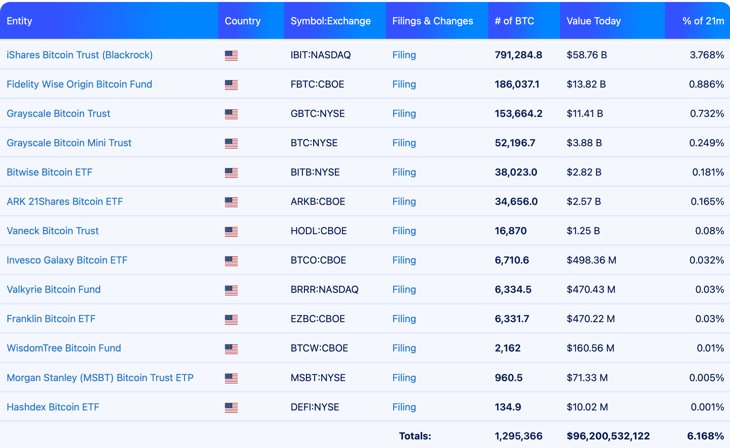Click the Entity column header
[x=19, y=21]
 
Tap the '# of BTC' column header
[x=514, y=21]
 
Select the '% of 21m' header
[x=703, y=21]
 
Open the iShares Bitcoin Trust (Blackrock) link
[x=80, y=55]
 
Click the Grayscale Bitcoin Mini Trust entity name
[x=69, y=143]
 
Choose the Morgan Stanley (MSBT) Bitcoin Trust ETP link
[x=100, y=378]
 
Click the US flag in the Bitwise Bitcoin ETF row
[x=231, y=173]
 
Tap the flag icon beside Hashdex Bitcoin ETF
[x=231, y=407]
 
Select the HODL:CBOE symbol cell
[x=318, y=231]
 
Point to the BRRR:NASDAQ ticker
[x=324, y=290]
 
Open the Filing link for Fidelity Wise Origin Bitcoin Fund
[x=404, y=84]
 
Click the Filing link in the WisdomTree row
[x=404, y=348]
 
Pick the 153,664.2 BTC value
[x=518, y=114]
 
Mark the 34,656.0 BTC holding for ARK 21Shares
[x=516, y=202]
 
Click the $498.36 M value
[x=591, y=260]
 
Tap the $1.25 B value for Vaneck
[x=583, y=231]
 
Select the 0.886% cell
[x=706, y=84]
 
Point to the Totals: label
[x=415, y=436]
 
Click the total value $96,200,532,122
[x=608, y=436]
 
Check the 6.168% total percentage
[x=705, y=436]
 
